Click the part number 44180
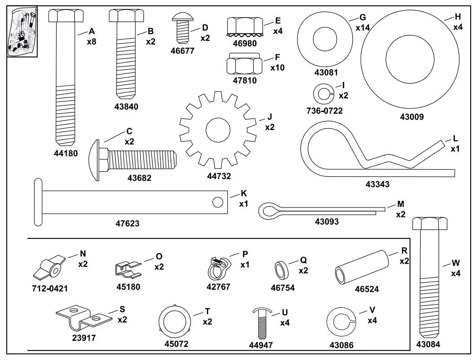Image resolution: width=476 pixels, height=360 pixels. point(65,153)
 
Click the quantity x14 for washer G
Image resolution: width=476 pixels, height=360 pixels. point(363,28)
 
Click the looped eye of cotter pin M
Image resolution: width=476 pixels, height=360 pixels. point(270,210)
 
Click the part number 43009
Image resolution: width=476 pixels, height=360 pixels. point(412,117)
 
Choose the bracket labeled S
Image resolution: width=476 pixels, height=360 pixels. point(84,318)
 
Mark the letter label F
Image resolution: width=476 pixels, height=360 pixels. point(277,58)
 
